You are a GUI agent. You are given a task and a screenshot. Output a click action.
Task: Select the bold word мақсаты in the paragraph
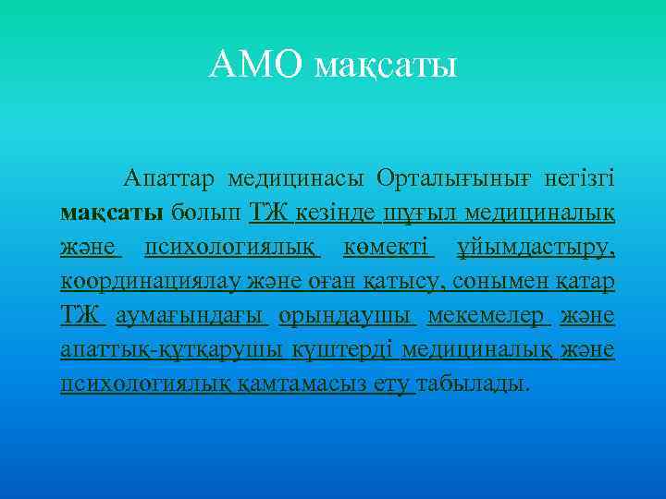tap(112, 213)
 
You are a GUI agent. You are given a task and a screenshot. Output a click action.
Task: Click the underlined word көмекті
tap(388, 248)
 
